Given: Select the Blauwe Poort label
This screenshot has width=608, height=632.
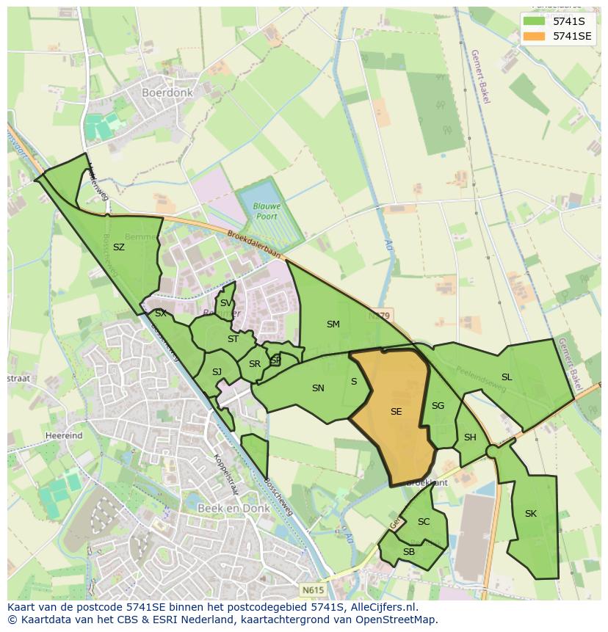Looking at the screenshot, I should pos(267,211).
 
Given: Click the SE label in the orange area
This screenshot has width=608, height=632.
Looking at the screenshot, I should pos(396,412).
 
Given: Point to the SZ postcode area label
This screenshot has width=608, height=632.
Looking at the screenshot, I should pos(119,247).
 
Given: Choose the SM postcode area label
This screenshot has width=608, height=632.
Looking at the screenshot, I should pos(333,324).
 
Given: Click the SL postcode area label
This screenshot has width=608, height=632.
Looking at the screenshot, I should pos(507,377).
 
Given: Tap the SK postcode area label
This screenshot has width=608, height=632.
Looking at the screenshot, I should pos(531,514).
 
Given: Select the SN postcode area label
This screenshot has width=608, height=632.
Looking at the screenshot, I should pos(318,388).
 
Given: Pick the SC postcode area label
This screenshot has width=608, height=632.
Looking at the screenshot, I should pos(424,522).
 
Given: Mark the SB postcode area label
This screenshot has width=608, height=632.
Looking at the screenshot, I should pos(409,552).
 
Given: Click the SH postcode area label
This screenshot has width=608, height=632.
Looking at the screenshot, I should pos(470,437).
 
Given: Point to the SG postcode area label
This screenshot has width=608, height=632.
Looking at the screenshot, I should pos(438,406).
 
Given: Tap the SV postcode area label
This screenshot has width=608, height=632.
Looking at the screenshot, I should pos(226,303).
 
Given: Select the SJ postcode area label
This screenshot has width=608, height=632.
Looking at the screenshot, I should pos(217,372).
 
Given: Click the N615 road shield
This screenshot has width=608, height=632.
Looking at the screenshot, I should pos(311,589).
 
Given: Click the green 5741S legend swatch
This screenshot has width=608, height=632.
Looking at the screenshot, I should pos(534,21).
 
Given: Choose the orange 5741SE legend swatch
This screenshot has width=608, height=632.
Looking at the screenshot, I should pos(534,35).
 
